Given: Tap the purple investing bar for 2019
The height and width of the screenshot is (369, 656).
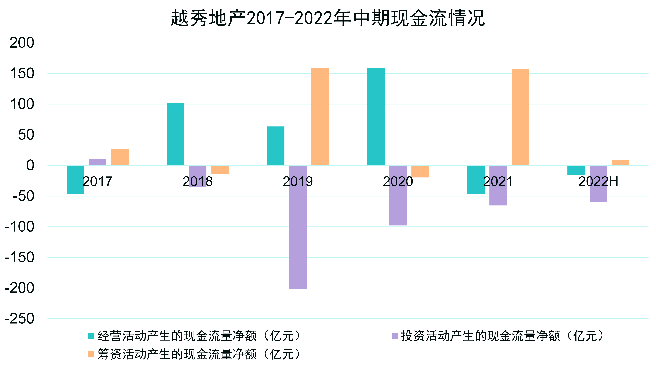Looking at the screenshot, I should click(298, 227).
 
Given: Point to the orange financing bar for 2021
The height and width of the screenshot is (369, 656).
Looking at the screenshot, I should click(520, 117).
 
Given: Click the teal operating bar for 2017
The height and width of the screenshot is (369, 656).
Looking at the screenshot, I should click(75, 180).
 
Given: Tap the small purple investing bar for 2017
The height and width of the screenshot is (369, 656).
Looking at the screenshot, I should click(98, 162).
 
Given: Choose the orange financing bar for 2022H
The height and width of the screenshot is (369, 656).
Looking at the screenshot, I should click(621, 163).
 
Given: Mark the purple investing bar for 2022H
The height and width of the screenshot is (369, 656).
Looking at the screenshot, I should click(598, 184).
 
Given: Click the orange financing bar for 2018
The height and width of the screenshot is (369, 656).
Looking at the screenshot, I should click(220, 170).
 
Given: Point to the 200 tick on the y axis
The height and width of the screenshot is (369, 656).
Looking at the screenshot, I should click(22, 43).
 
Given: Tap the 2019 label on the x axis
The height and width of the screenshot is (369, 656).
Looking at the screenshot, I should click(298, 182).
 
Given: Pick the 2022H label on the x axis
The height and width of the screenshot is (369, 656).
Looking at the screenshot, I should click(598, 182).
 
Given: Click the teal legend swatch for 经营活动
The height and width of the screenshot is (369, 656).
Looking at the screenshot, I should click(91, 336).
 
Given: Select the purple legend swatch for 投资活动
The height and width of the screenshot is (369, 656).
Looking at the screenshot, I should click(394, 336).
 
